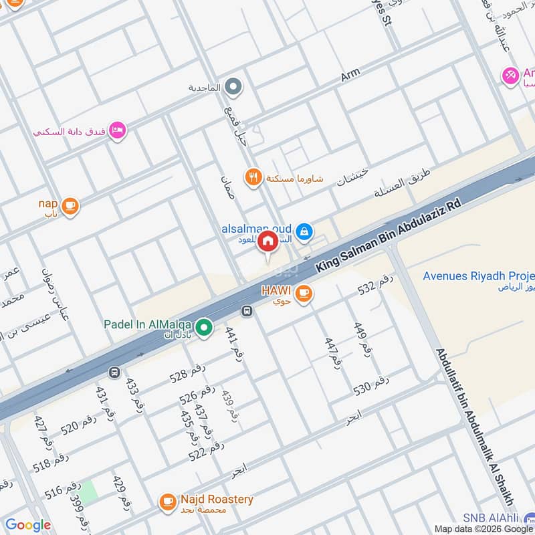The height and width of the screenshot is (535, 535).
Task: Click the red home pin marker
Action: pyautogui.click(x=267, y=241)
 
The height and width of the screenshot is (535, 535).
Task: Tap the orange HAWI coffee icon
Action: pyautogui.click(x=304, y=293)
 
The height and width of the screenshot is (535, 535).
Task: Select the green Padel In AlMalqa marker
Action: pyautogui.click(x=205, y=327)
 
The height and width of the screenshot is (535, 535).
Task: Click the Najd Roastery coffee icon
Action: pyautogui.click(x=167, y=500)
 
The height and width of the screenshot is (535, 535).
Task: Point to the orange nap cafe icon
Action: pyautogui.click(x=70, y=206)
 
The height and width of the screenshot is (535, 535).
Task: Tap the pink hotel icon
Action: pyautogui.click(x=117, y=131)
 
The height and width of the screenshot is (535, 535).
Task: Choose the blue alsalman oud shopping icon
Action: pyautogui.click(x=304, y=231)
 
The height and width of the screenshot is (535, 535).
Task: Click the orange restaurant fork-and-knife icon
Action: pyautogui.click(x=252, y=177)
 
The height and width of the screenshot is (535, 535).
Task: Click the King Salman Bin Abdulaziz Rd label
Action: pyautogui.click(x=389, y=233)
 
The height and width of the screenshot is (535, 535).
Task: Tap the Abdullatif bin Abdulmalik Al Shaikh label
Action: pyautogui.click(x=475, y=428)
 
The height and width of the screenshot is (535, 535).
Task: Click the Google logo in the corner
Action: pyautogui.click(x=27, y=525)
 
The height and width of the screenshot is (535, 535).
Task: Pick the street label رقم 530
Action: pyautogui.click(x=371, y=387)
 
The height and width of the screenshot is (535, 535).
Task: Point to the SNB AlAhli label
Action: pyautogui.click(x=498, y=518)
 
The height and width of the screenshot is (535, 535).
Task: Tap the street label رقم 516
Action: pyautogui.click(x=63, y=489)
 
